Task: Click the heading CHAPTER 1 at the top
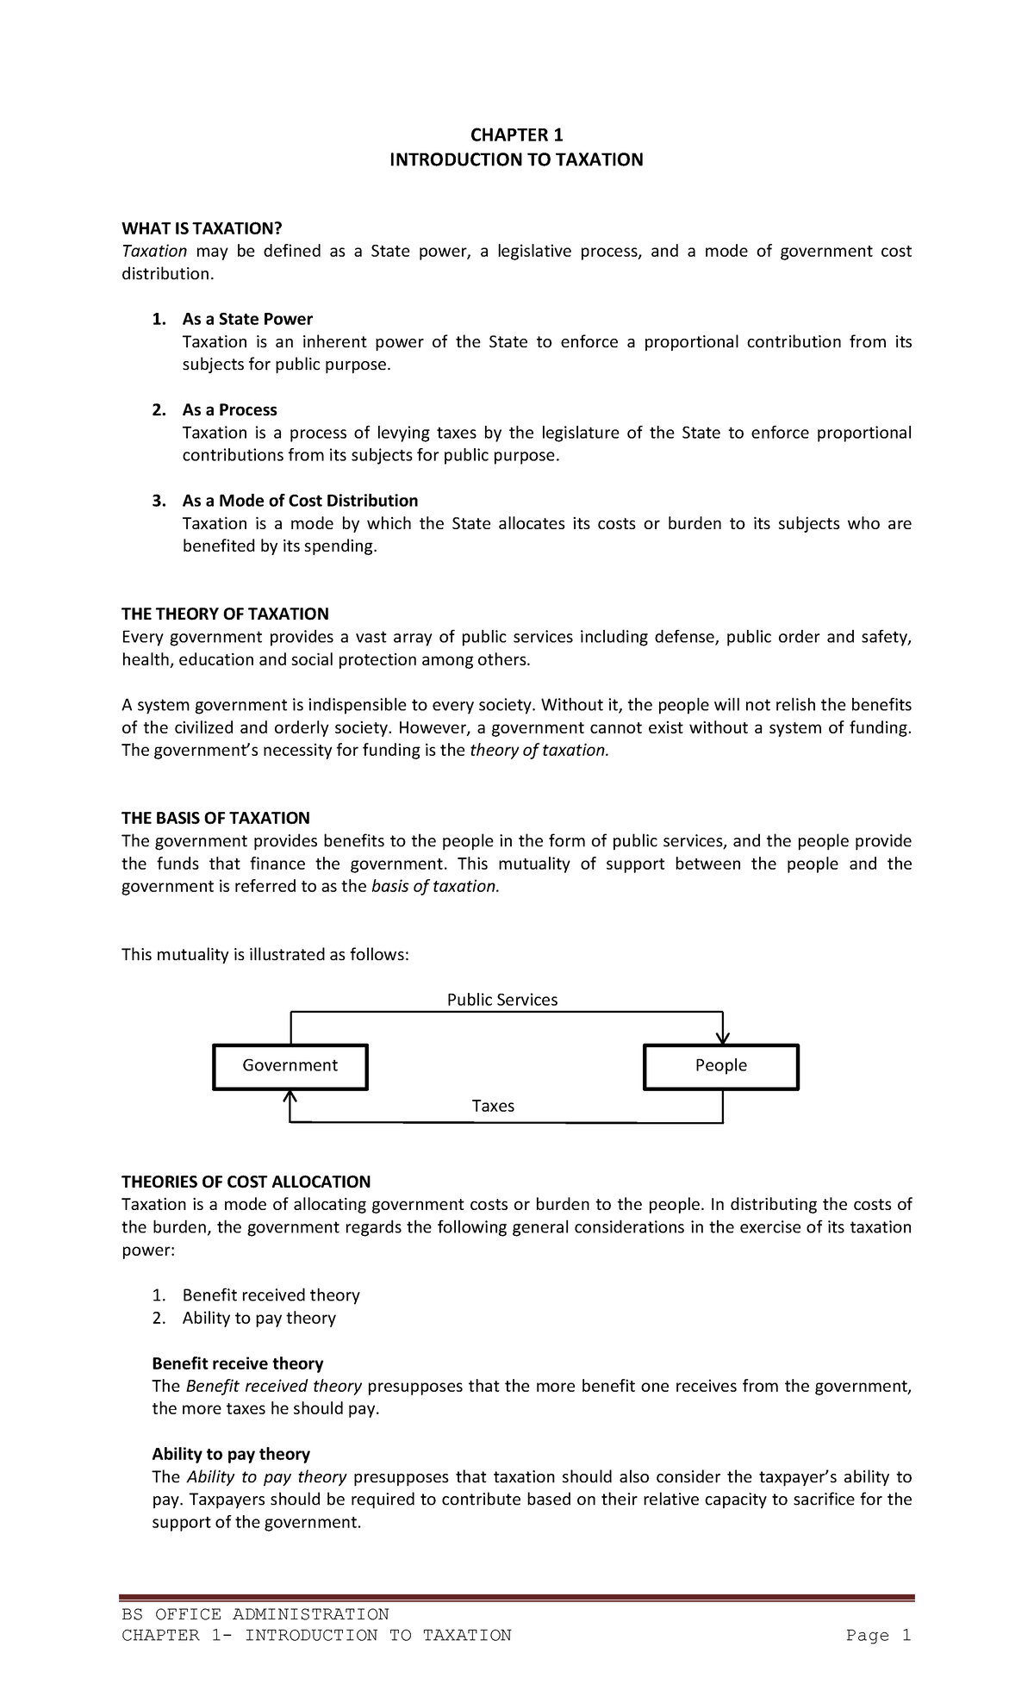coord(515,134)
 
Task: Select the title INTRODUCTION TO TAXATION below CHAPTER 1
coord(516,160)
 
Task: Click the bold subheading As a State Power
coord(247,319)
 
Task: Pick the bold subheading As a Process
coord(229,410)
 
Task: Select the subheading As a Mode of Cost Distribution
coord(300,501)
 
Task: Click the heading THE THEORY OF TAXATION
coord(225,614)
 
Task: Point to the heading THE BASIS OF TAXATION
coord(215,818)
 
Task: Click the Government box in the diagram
coord(290,1066)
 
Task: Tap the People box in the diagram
coord(721,1066)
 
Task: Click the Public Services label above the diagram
coord(501,1000)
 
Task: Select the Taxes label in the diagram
coord(493,1106)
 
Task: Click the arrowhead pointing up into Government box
coord(290,1097)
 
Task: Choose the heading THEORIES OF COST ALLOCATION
coord(246,1182)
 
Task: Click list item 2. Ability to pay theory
coord(258,1318)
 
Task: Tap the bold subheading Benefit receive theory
coord(238,1363)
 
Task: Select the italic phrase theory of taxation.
coord(539,750)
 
